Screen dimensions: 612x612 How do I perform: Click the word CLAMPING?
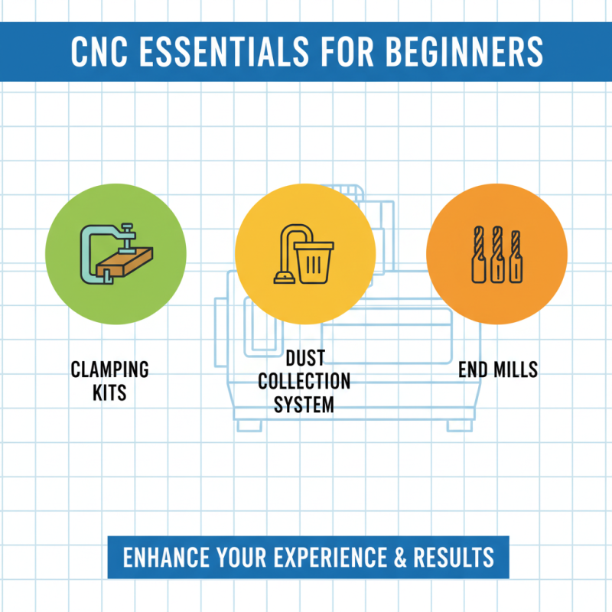(109, 370)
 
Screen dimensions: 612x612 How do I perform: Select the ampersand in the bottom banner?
(400, 556)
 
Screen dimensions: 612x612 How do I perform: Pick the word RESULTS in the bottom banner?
(453, 556)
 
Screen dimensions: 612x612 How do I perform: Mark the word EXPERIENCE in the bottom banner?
(330, 556)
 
